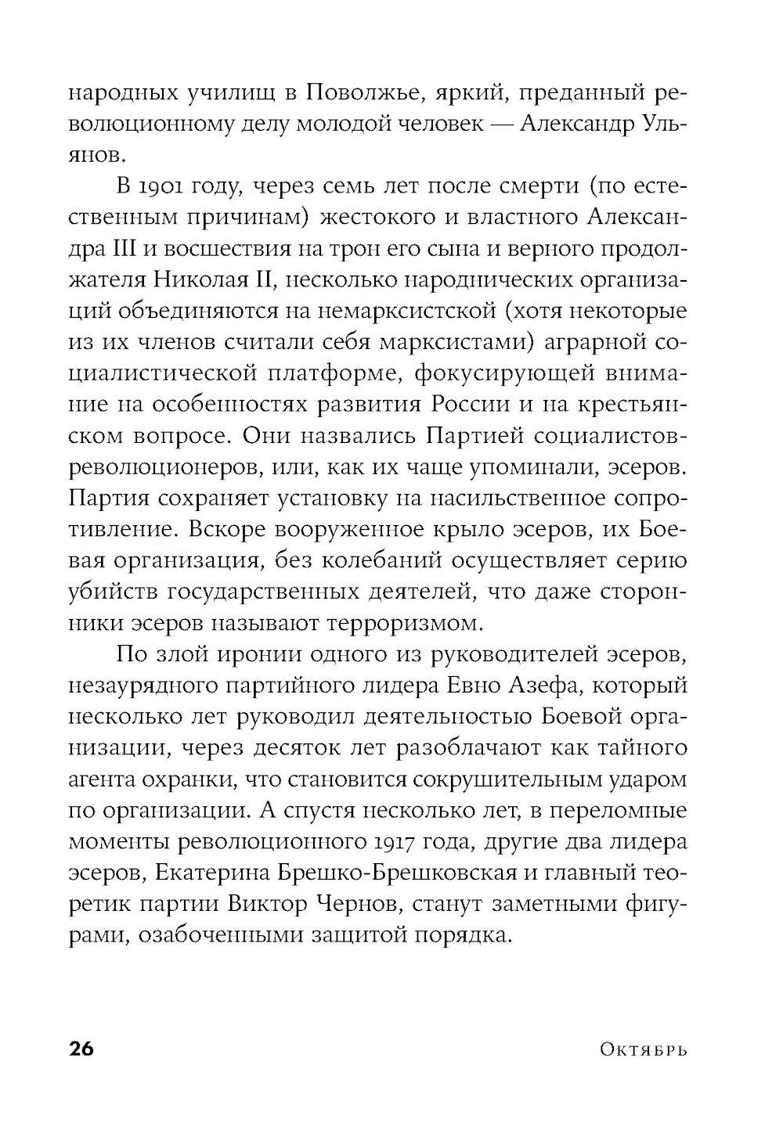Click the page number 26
pos(81,1049)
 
